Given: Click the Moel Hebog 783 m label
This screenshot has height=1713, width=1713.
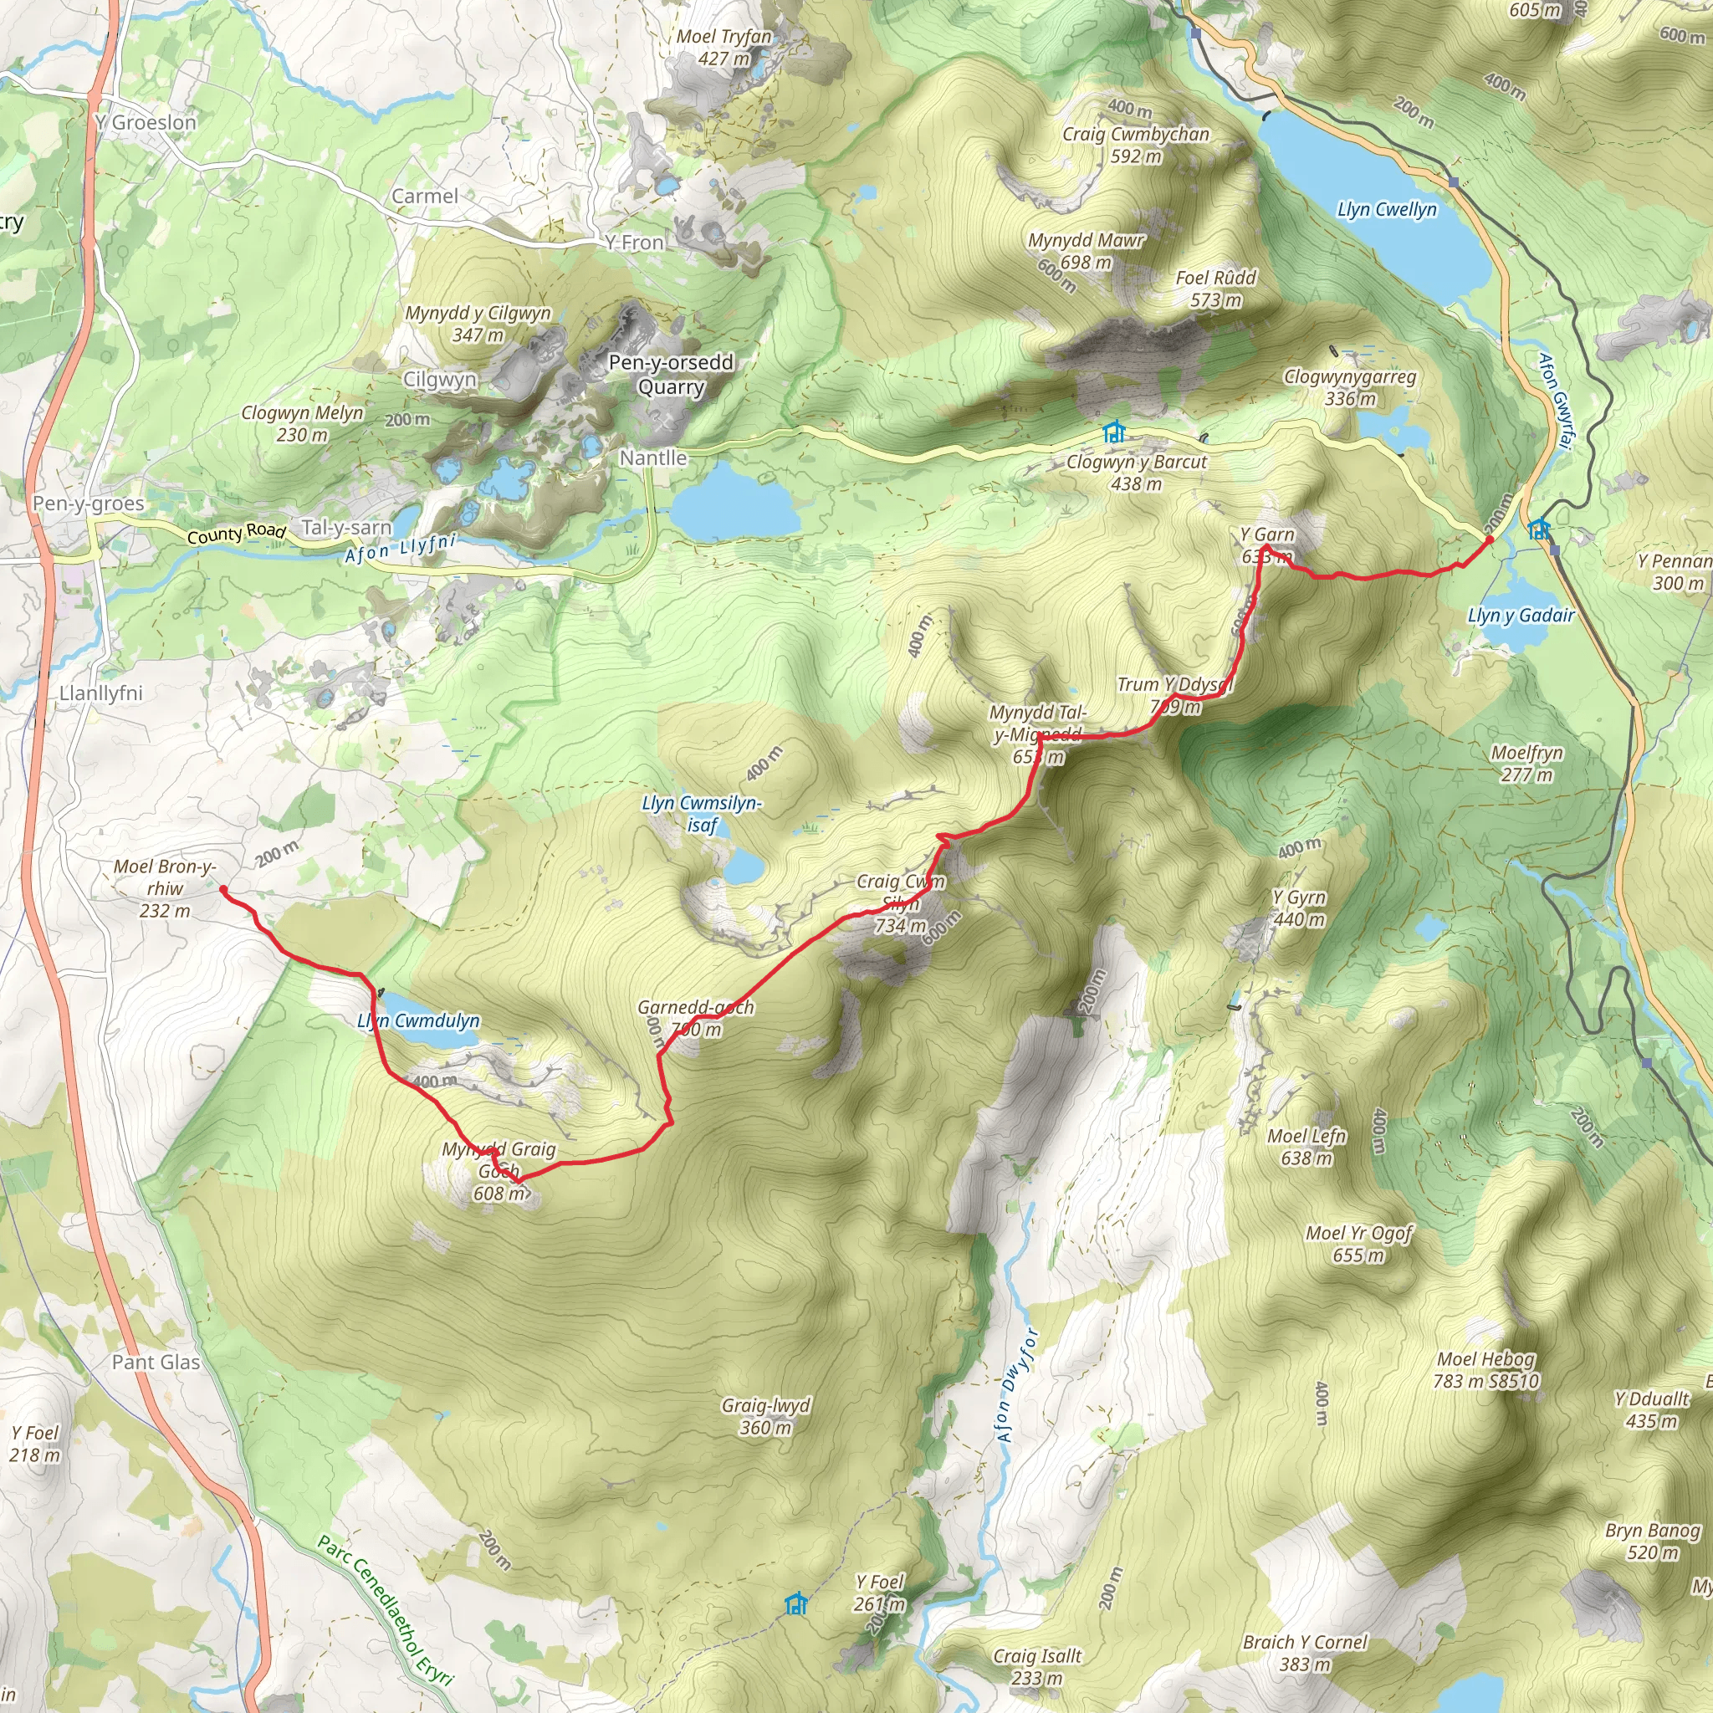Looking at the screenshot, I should point(1485,1370).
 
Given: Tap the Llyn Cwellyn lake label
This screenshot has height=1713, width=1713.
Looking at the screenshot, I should point(1387,210).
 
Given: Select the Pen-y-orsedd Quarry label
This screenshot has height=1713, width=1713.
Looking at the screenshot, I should point(670,374).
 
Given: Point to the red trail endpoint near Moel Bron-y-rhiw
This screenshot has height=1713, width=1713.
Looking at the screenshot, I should point(222,889).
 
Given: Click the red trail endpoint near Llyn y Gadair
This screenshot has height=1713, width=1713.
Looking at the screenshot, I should point(1490,539).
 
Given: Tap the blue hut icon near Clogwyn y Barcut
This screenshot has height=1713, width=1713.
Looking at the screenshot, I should point(1113,432).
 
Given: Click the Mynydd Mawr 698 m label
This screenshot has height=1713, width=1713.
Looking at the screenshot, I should point(1087,251).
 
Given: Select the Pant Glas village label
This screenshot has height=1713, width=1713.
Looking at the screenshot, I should point(156,1362).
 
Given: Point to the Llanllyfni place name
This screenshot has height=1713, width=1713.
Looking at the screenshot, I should point(101,693).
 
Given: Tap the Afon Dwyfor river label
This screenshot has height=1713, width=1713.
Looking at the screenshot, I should point(1017,1385).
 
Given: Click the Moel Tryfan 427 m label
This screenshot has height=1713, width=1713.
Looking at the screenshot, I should point(724,47).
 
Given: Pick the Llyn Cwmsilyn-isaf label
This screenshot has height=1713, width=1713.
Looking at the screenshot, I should point(701,813).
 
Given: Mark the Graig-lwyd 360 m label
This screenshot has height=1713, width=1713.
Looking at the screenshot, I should point(766,1416).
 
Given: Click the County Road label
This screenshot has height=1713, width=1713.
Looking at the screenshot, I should point(236,534).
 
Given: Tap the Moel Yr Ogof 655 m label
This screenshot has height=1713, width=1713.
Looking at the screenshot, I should point(1358,1244).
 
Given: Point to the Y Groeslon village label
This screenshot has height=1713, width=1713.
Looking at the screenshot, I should point(146,122).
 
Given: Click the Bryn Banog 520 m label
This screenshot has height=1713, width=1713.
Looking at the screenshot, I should point(1653,1542).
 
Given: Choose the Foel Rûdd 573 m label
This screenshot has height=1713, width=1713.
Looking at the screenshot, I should point(1215,289).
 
